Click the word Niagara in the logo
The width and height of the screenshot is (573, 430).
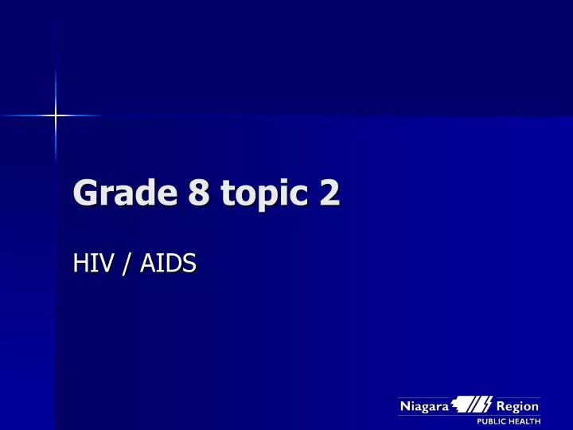click(x=424, y=406)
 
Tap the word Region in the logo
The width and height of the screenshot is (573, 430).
click(x=518, y=406)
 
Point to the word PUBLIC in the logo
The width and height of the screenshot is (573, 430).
click(x=493, y=421)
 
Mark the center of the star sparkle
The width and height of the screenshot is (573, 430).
click(x=56, y=115)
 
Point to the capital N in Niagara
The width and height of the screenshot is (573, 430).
click(x=404, y=406)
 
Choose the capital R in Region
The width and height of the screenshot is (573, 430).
click(x=501, y=406)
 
